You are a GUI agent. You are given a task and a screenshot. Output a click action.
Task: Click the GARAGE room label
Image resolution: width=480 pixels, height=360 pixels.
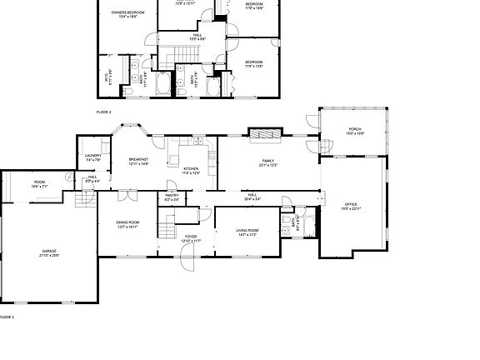point(50,251)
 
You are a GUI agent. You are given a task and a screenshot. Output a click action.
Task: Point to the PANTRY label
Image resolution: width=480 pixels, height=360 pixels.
point(172,197)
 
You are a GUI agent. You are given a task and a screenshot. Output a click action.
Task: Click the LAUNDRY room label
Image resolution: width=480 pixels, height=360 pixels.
point(92,157)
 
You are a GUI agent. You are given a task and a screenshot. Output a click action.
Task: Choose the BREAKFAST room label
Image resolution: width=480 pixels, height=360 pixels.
point(138,160)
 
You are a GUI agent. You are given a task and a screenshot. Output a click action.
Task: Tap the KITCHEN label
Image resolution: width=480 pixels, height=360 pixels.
point(192,170)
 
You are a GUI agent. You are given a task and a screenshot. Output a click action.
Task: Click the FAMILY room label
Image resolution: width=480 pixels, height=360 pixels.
point(268,162)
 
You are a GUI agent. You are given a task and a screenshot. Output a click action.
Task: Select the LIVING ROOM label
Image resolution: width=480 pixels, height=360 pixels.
point(247,232)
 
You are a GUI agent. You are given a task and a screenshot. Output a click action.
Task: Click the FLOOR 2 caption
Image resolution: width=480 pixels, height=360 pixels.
point(103,111)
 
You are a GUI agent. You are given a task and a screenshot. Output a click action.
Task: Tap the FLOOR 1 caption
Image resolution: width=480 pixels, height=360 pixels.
point(7,317)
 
